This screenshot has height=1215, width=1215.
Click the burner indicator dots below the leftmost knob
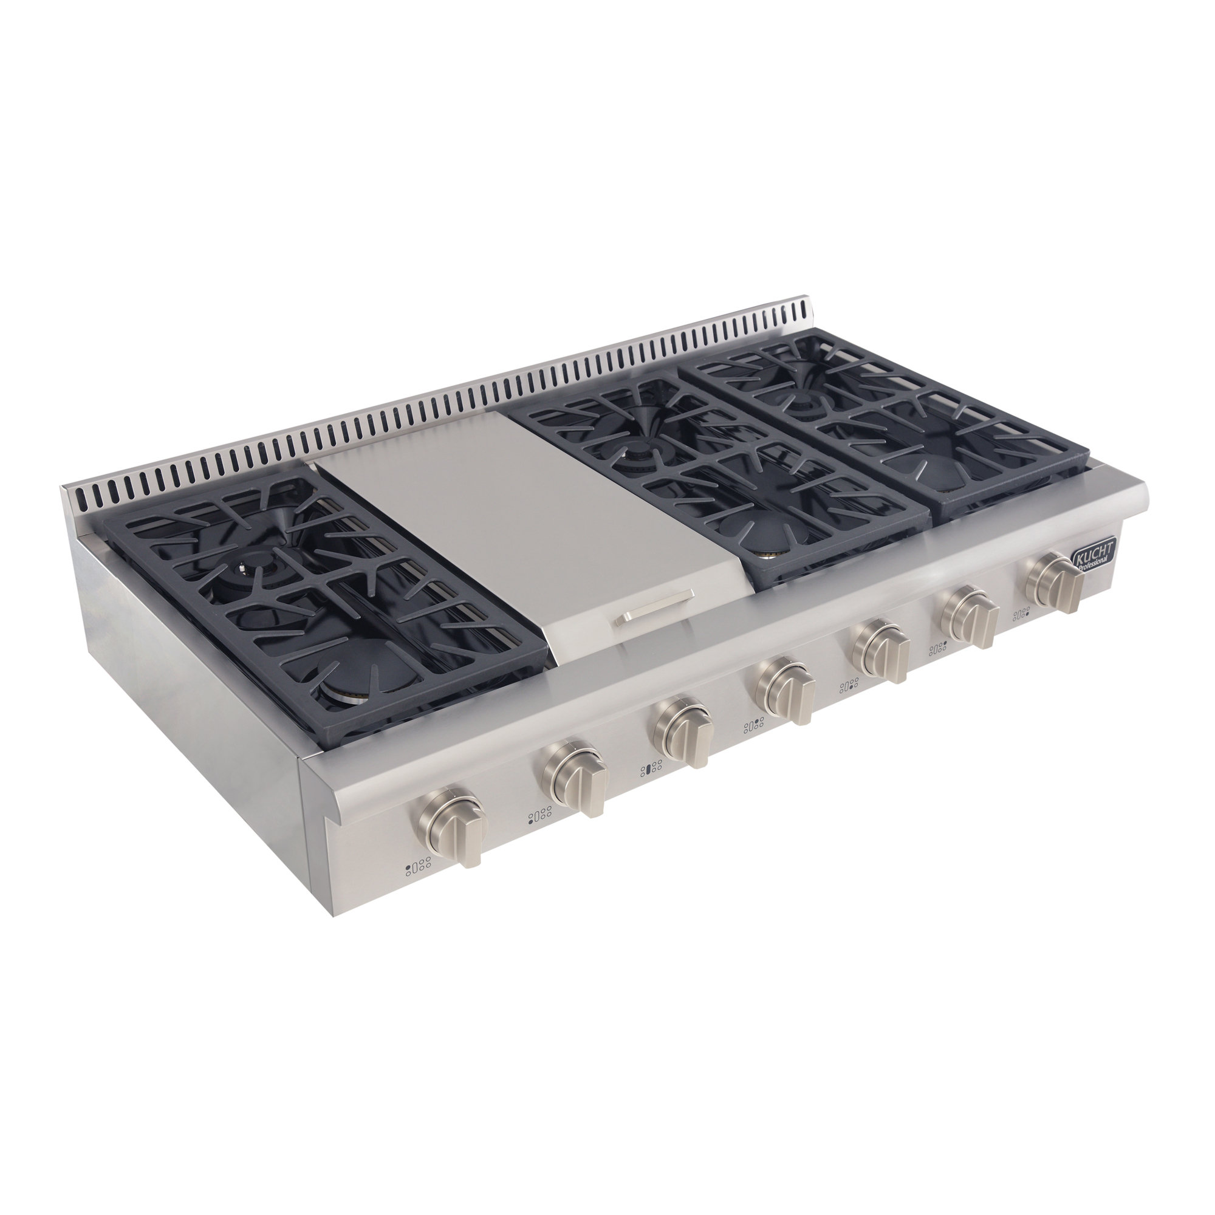418,868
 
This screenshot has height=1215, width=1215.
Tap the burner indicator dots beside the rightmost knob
1021,613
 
